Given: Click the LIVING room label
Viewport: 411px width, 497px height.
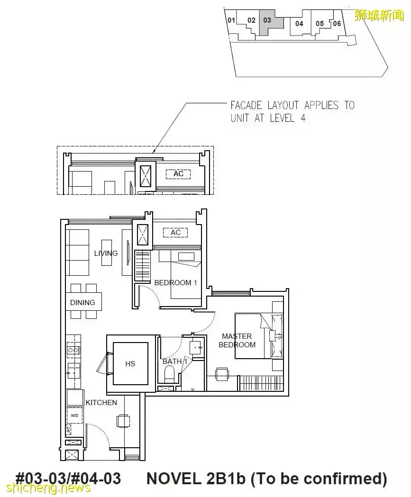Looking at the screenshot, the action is pos(106,253).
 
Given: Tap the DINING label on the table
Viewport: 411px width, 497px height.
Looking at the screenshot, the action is pos(82,303).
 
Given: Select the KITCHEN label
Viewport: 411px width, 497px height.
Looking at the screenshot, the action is pos(101,403).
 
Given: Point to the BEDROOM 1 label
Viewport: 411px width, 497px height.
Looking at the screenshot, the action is pos(175,283).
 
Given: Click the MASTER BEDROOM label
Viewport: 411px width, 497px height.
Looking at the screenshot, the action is pos(237,341).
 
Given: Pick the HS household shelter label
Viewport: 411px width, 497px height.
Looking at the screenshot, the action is pos(130,363).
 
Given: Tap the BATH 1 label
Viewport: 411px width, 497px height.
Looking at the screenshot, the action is pos(175,361).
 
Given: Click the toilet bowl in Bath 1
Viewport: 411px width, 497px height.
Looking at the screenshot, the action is pos(170,374).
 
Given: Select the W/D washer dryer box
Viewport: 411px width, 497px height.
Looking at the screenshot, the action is pos(74,416).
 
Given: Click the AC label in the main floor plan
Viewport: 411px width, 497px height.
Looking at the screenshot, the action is pos(175,233).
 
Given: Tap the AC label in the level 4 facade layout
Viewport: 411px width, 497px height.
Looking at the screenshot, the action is pos(178,174).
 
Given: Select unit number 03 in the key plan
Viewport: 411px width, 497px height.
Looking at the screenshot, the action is pos(267,20).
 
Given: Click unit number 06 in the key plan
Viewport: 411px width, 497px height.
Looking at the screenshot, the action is pos(337,24).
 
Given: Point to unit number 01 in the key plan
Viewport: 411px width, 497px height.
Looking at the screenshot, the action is pos(231,20).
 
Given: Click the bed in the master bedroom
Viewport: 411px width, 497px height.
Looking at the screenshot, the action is pos(259,336).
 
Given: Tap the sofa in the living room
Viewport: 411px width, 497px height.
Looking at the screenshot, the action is pos(77,253).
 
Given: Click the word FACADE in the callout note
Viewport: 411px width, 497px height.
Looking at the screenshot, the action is pos(246,105).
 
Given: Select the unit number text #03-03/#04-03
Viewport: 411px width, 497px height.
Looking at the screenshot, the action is pos(68,479).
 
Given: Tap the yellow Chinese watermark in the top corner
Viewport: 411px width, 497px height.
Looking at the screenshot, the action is pos(379,15).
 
